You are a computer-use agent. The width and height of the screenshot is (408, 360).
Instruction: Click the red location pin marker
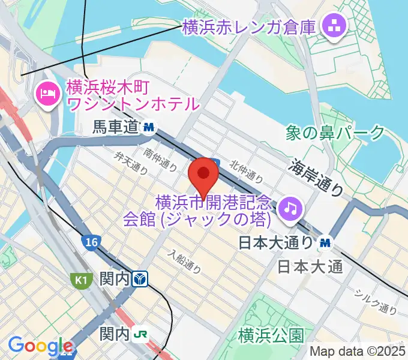(203, 176)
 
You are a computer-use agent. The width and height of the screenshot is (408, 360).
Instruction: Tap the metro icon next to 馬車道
(149, 127)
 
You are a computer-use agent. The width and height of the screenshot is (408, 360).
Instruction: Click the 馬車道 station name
(116, 127)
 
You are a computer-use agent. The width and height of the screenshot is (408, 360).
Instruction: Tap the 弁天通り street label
(131, 162)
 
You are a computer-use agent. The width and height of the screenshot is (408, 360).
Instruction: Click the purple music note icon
(291, 208)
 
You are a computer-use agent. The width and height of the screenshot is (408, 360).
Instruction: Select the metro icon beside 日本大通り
(326, 242)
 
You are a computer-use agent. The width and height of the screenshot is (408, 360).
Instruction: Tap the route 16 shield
(91, 242)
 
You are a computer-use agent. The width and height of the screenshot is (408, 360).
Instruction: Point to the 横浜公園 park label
(271, 334)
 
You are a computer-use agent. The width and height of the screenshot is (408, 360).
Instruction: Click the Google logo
(40, 346)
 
